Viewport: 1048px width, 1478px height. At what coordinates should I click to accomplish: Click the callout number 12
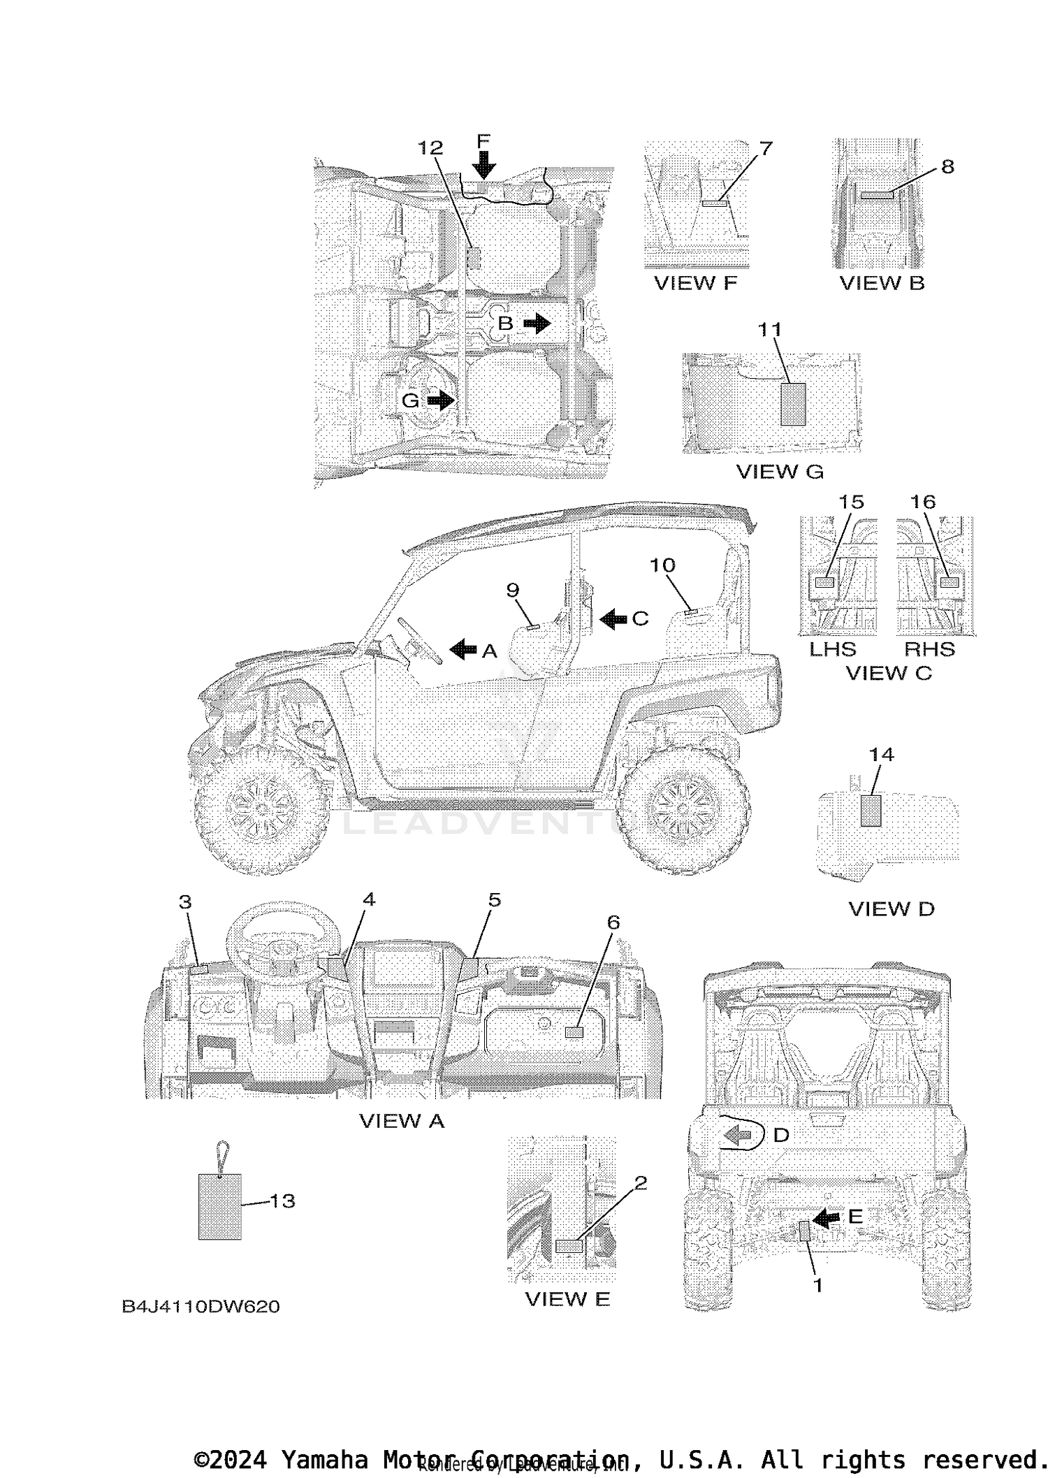pos(430,147)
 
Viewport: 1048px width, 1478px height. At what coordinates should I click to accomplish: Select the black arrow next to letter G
pos(440,400)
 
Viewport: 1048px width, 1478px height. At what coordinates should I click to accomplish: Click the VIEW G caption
pos(780,472)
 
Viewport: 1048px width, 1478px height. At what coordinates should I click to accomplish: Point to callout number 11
pos(770,329)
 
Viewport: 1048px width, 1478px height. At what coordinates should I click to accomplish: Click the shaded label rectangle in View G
pos(793,404)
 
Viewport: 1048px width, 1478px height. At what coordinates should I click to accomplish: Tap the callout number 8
pos(947,166)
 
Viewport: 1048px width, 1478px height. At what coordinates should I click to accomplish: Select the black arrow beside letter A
pos(463,650)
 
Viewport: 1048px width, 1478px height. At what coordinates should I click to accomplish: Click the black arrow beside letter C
pos(613,618)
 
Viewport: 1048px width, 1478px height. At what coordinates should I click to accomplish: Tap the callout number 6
pos(613,922)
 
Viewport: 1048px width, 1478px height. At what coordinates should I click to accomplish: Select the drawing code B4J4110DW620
pos(201,1307)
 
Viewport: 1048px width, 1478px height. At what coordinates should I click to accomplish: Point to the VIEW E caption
pos(567,1299)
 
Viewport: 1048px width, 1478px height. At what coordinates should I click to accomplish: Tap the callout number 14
pos(882,755)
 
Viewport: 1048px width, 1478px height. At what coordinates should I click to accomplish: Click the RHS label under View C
pos(929,649)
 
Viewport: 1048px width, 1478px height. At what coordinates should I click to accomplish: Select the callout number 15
pos(851,502)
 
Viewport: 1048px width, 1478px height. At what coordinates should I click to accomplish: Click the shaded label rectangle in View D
pos(871,811)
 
